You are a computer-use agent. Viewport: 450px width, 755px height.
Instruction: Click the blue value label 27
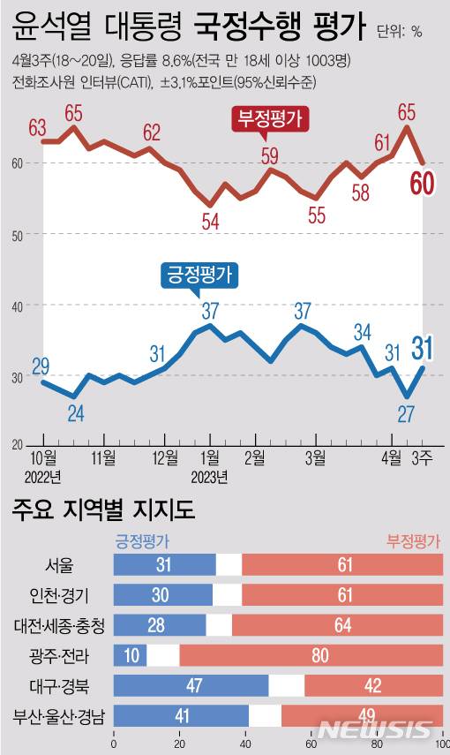click(x=408, y=413)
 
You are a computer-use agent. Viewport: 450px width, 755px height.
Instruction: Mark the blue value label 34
click(x=363, y=332)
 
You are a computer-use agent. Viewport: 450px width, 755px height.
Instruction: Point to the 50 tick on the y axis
click(x=18, y=234)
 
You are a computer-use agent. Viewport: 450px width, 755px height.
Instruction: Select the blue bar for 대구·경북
click(x=191, y=685)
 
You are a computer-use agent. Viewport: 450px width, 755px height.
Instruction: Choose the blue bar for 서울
click(x=165, y=565)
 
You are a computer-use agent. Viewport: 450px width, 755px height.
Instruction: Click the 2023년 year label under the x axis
click(x=209, y=477)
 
